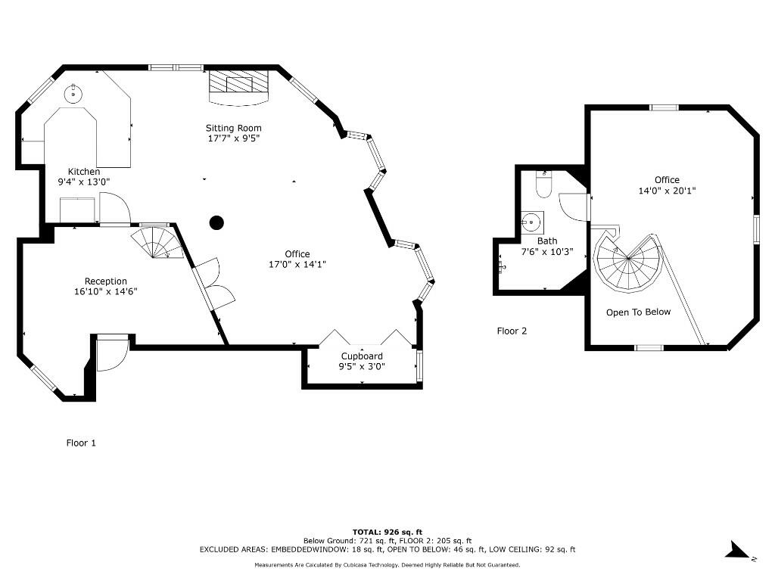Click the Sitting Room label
pyautogui.click(x=234, y=128)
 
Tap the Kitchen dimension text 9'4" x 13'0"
pyautogui.click(x=84, y=182)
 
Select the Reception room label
pyautogui.click(x=105, y=281)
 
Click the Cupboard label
pyautogui.click(x=362, y=356)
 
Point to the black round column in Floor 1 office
pyautogui.click(x=216, y=222)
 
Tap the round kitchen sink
pyautogui.click(x=73, y=95)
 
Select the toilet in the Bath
pyautogui.click(x=544, y=184)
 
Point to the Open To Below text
pyautogui.click(x=638, y=312)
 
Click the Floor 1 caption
pyautogui.click(x=81, y=443)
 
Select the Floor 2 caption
pyautogui.click(x=512, y=331)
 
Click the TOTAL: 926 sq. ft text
pyautogui.click(x=387, y=531)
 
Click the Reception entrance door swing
pyautogui.click(x=110, y=354)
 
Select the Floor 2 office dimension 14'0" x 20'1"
pyautogui.click(x=667, y=191)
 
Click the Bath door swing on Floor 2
pyautogui.click(x=573, y=207)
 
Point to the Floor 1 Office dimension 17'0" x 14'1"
pyautogui.click(x=297, y=264)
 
